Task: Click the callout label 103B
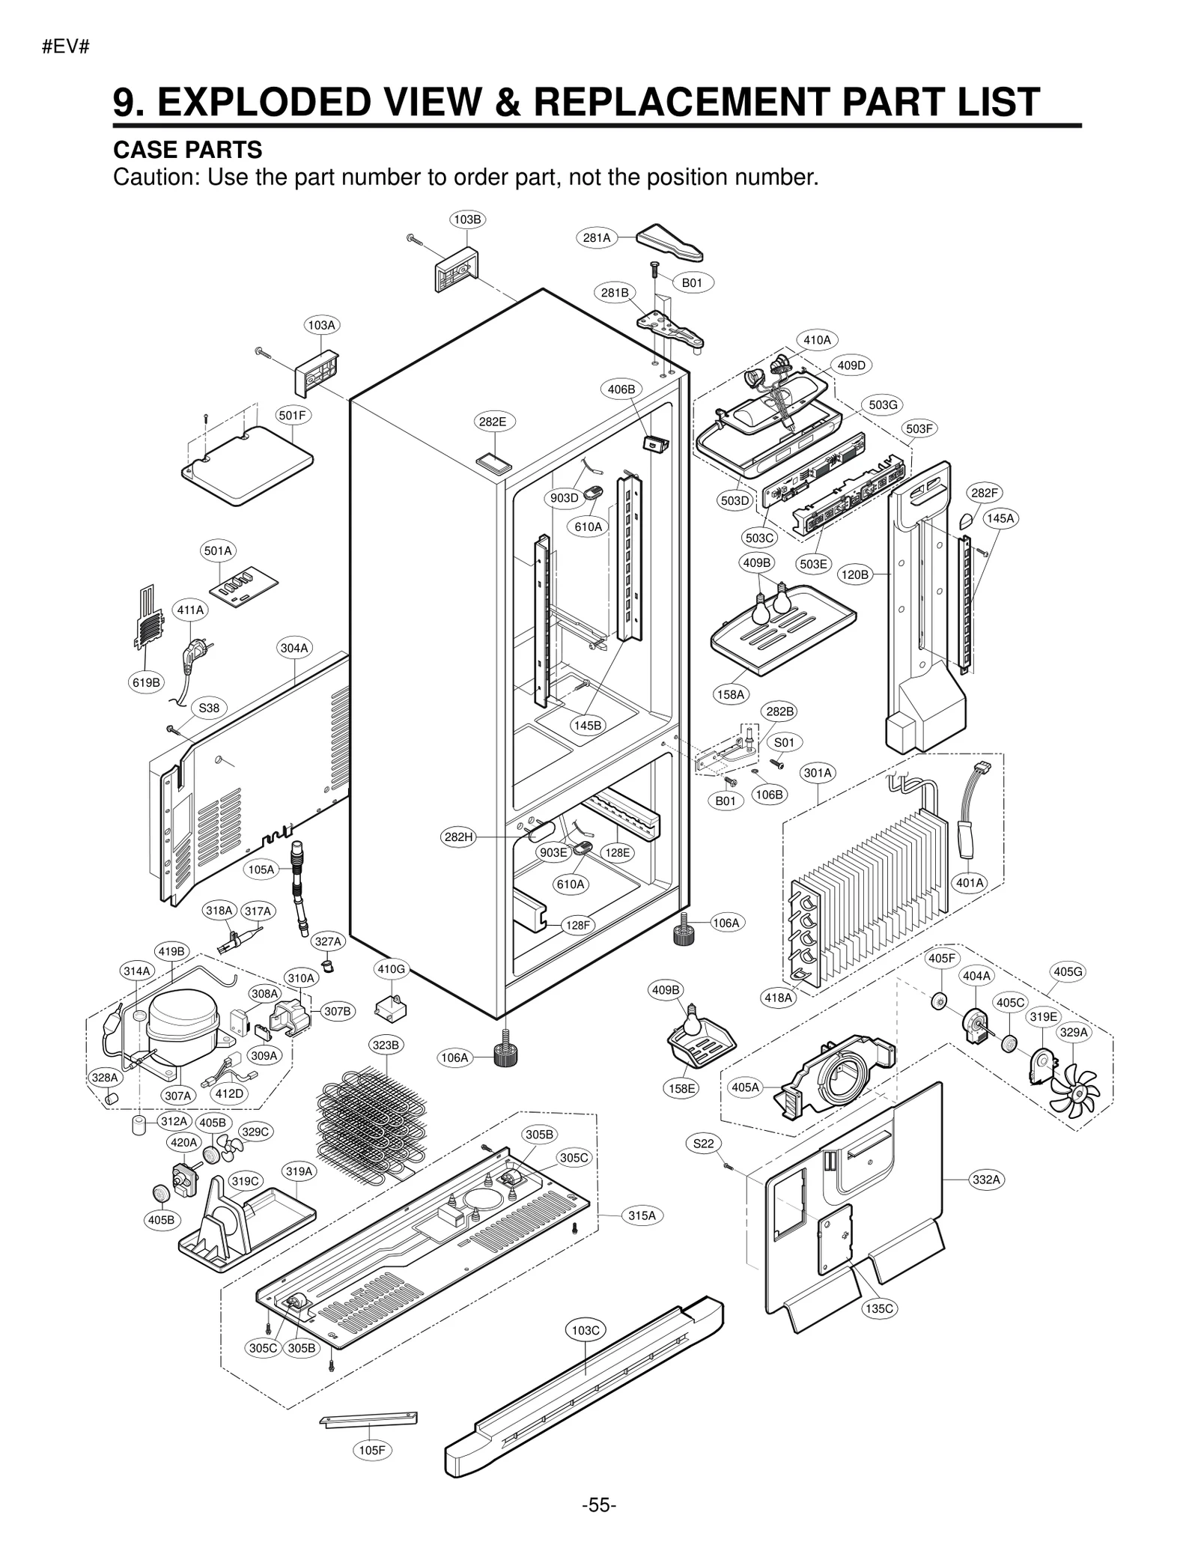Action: [467, 219]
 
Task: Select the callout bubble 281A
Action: [597, 238]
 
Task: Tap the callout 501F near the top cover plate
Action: [292, 415]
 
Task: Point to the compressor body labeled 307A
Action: [183, 1023]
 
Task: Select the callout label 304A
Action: [294, 648]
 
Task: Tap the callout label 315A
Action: [642, 1215]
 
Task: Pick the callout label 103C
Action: [586, 1331]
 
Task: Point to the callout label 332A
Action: [986, 1180]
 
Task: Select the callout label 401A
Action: [970, 883]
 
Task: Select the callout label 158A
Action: [731, 695]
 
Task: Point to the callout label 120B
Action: [855, 574]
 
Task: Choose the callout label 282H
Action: [459, 837]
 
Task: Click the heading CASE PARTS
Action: [187, 150]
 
